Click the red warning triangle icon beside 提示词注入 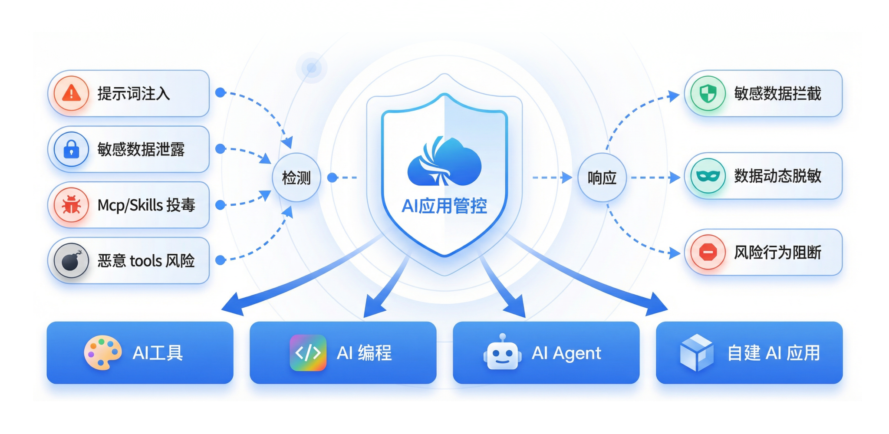pyautogui.click(x=71, y=93)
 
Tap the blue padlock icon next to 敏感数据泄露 pyautogui.click(x=71, y=149)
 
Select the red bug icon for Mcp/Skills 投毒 pyautogui.click(x=71, y=205)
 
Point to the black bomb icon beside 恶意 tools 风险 pyautogui.click(x=71, y=260)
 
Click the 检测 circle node pyautogui.click(x=296, y=178)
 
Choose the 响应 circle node pyautogui.click(x=602, y=178)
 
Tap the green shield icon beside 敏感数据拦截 pyautogui.click(x=708, y=93)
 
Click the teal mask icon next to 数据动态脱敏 pyautogui.click(x=708, y=176)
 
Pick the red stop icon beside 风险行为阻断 pyautogui.click(x=708, y=252)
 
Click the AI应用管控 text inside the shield pyautogui.click(x=444, y=206)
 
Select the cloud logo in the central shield pyautogui.click(x=444, y=161)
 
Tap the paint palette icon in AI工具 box pyautogui.click(x=102, y=353)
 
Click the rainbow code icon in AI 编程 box pyautogui.click(x=308, y=353)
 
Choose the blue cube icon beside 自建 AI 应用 pyautogui.click(x=696, y=353)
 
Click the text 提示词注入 pyautogui.click(x=133, y=94)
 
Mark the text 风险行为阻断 pyautogui.click(x=777, y=253)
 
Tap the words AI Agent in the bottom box pyautogui.click(x=566, y=353)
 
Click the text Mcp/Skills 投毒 pyautogui.click(x=146, y=205)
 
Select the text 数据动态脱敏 pyautogui.click(x=777, y=176)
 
